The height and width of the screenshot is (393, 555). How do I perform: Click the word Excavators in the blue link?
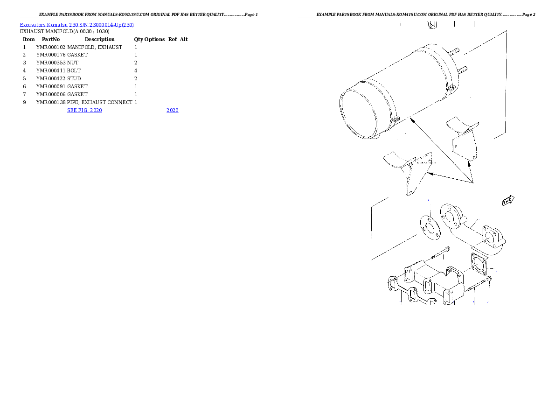click(33, 25)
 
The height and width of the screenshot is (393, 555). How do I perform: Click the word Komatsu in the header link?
click(57, 25)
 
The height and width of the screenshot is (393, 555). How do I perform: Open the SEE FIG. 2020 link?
click(84, 110)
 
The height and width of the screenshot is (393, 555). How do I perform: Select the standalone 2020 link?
click(172, 110)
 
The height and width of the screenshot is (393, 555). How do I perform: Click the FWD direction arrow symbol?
click(508, 200)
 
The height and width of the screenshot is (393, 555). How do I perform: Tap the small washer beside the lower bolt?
click(488, 280)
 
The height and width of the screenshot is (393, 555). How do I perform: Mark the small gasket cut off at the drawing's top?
click(431, 24)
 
